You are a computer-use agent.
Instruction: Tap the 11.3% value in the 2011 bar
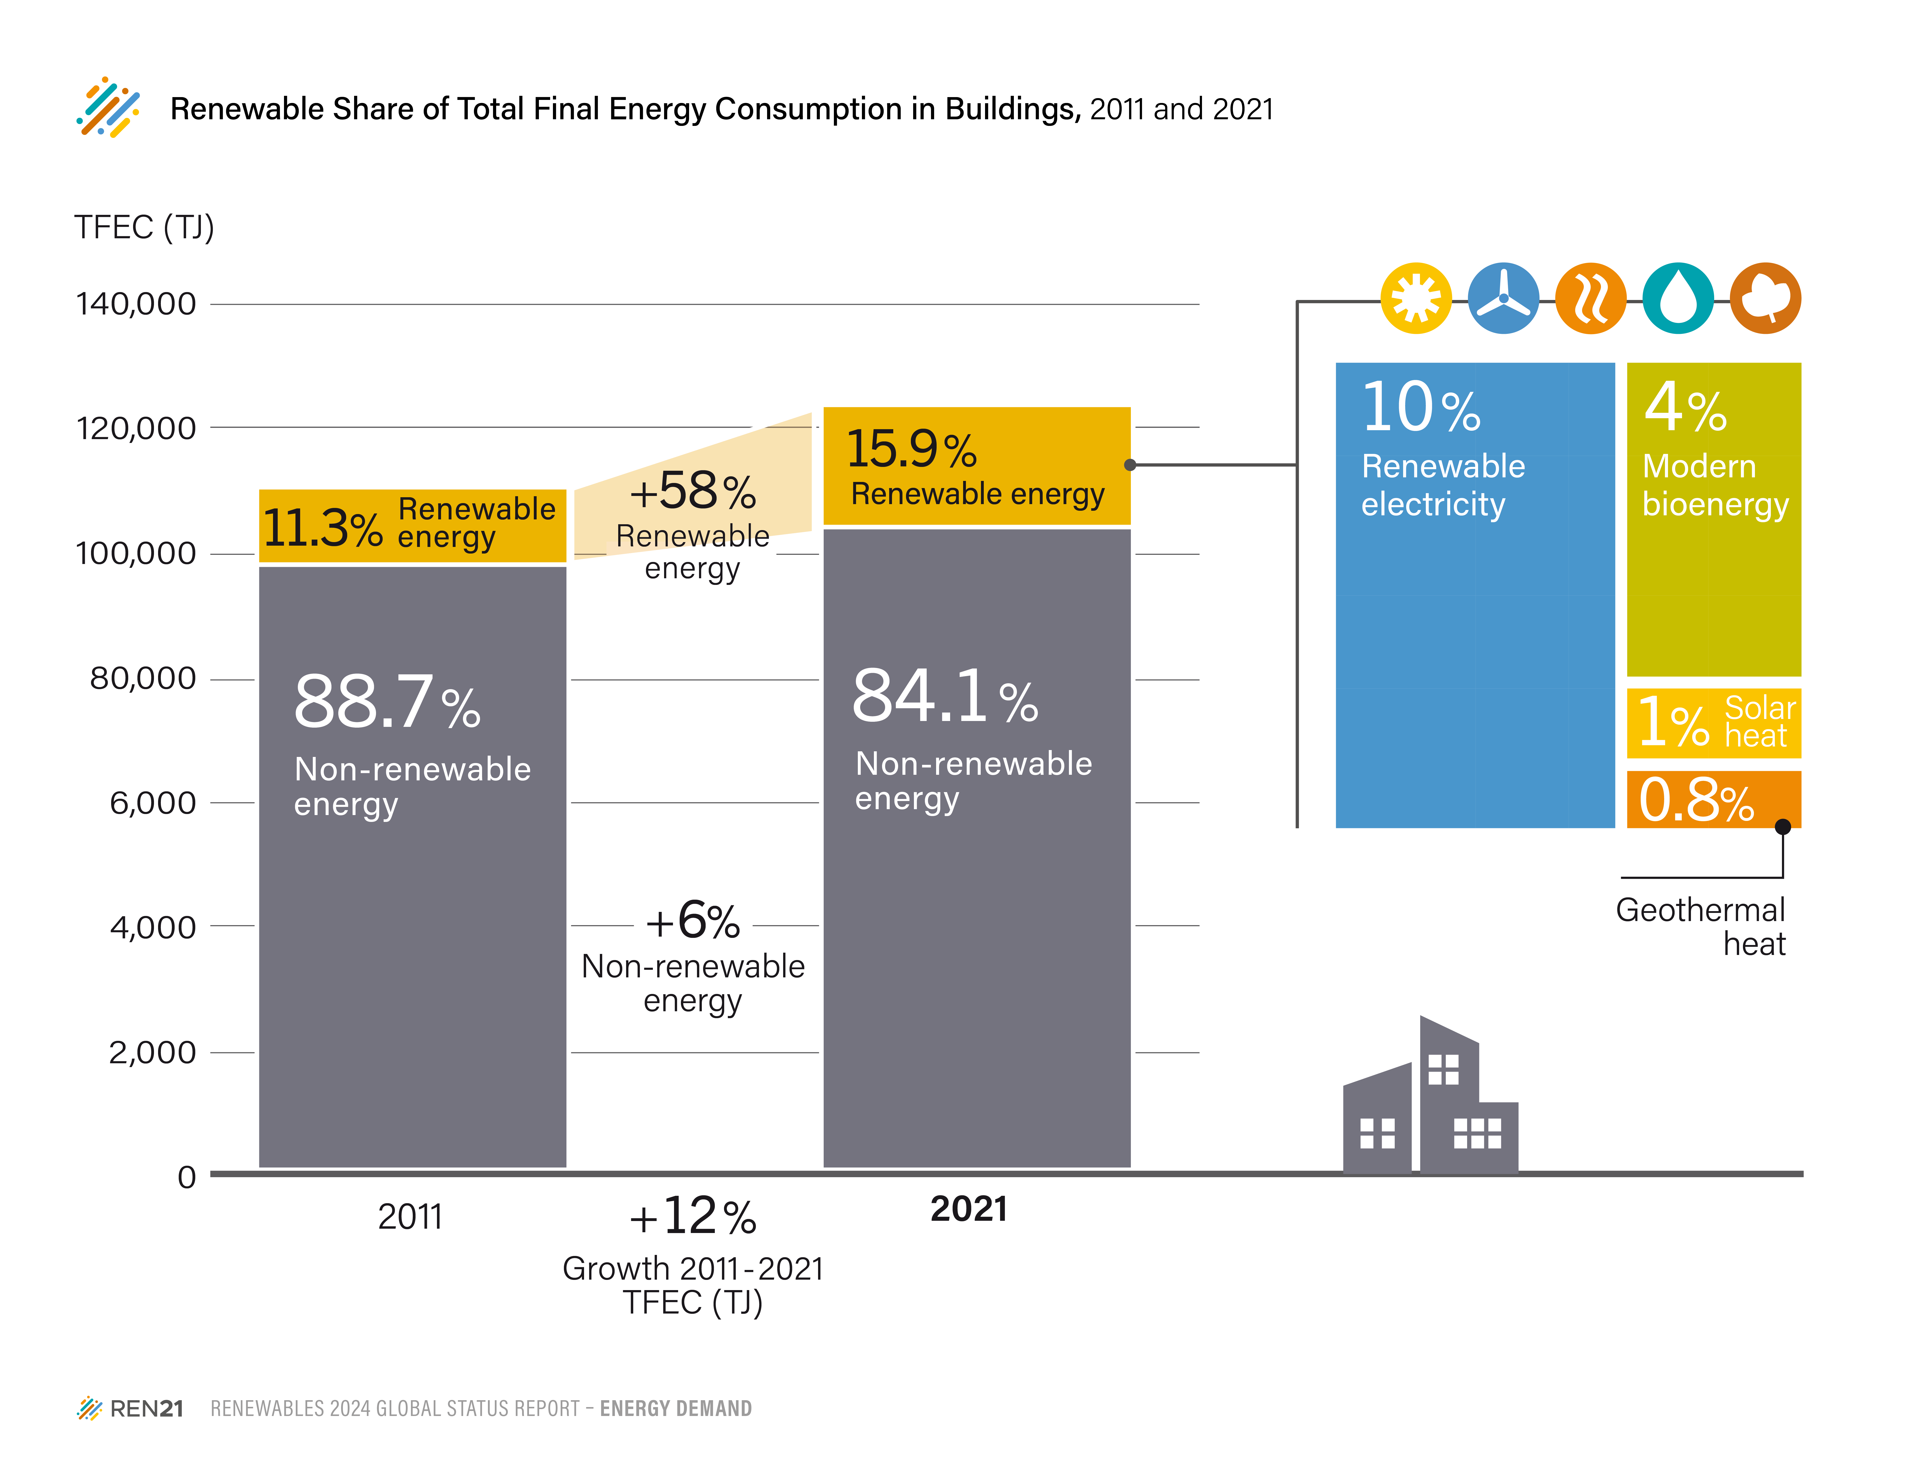click(x=322, y=528)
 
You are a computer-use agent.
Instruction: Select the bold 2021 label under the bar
click(x=968, y=1209)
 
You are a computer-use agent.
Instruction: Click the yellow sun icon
click(x=1415, y=298)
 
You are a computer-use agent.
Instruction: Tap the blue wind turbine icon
click(x=1503, y=298)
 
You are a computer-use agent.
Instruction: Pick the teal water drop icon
click(x=1678, y=298)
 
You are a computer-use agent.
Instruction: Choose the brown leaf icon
click(x=1765, y=298)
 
